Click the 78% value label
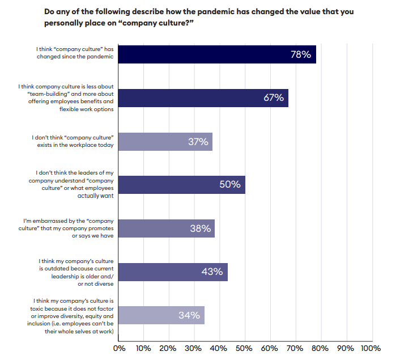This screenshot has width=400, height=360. (x=301, y=54)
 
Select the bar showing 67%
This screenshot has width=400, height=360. (x=204, y=98)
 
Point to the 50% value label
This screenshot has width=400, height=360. (x=230, y=185)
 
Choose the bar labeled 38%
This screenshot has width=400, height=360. (x=167, y=228)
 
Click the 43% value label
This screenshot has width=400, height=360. (x=212, y=272)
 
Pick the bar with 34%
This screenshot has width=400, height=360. (x=162, y=315)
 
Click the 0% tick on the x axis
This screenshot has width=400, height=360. (x=120, y=348)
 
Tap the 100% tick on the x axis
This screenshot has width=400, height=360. (x=371, y=348)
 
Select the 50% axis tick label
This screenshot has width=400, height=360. (x=245, y=348)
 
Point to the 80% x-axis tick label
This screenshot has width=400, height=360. (x=320, y=348)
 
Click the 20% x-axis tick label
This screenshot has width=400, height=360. (x=169, y=348)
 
